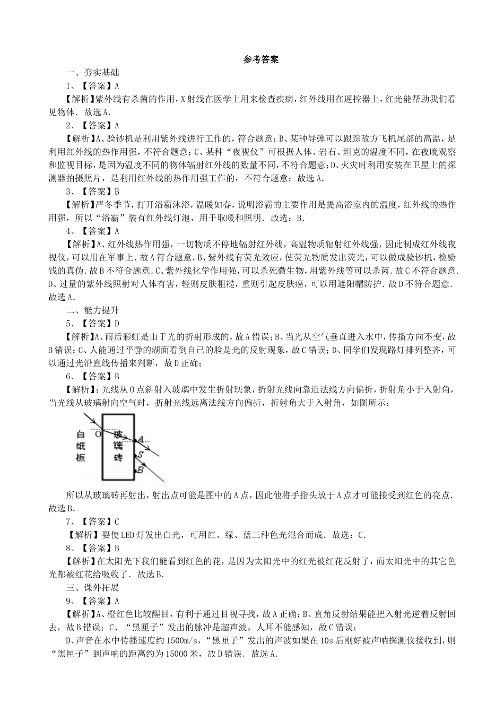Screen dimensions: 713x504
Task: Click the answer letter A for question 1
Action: [x=117, y=85]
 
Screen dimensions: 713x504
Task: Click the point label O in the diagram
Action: [x=98, y=434]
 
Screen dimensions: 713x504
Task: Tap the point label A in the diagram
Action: [x=141, y=440]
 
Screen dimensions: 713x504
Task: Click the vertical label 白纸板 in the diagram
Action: [x=80, y=445]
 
